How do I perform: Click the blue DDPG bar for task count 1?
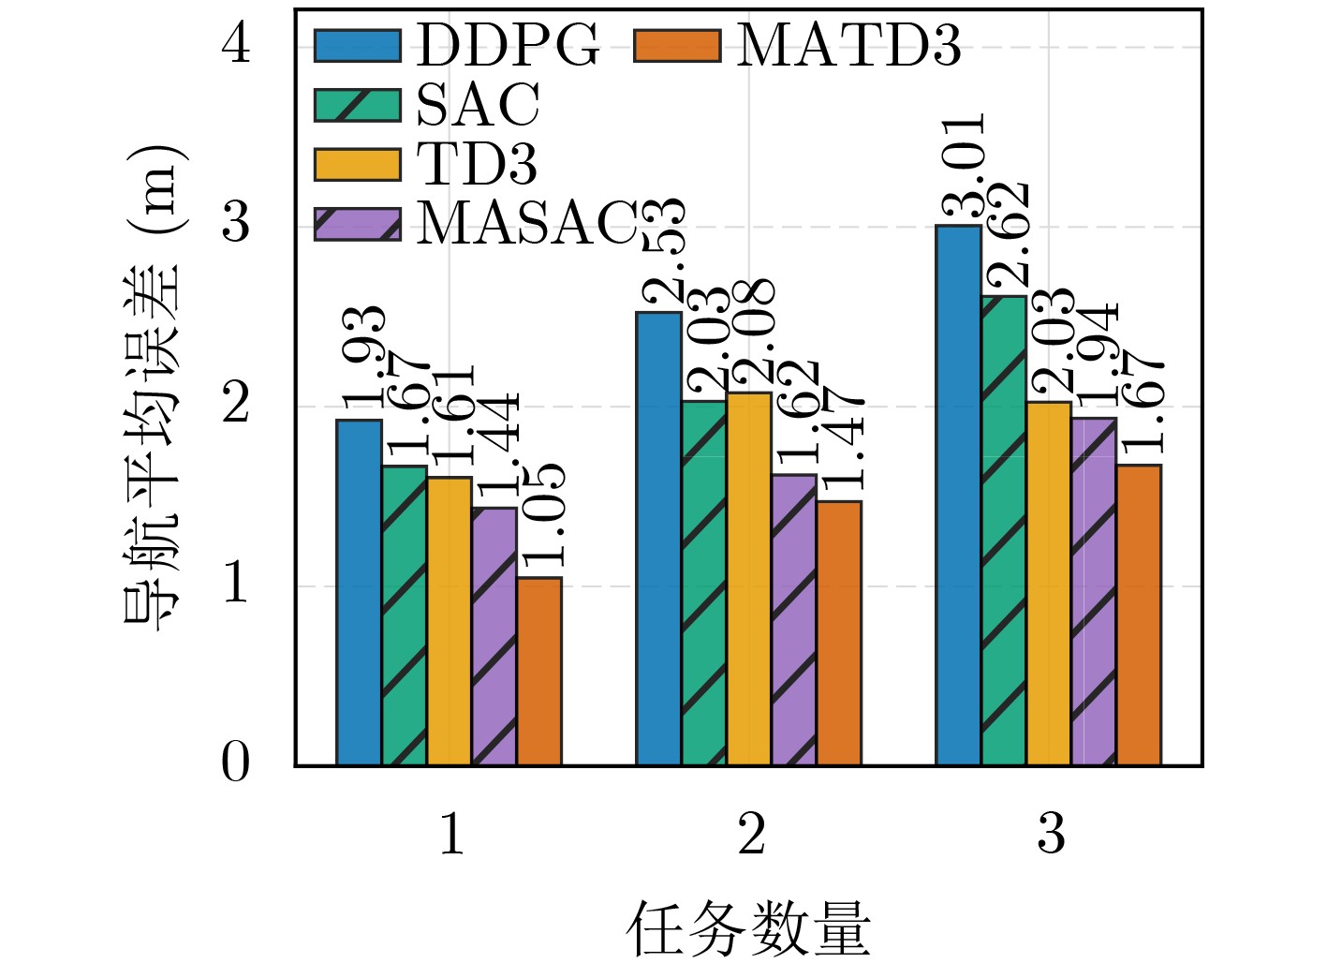359,592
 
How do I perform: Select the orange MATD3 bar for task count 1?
539,672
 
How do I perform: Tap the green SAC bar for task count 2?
704,583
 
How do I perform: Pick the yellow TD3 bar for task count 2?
749,579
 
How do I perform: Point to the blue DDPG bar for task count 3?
958,495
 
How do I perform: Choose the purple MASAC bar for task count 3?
1094,592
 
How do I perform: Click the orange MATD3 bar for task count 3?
1139,615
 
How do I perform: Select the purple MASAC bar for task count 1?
494,637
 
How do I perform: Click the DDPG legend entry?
457,45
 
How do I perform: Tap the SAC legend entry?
427,105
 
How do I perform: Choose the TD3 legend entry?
426,165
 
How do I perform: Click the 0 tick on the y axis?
236,763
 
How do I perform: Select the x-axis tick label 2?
751,834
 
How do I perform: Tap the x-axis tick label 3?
1051,834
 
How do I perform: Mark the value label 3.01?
963,167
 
